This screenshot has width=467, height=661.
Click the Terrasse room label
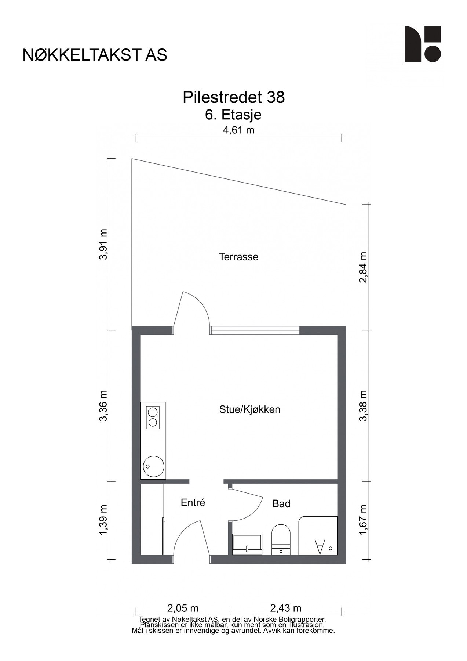point(238,257)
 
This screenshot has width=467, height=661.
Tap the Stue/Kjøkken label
point(249,409)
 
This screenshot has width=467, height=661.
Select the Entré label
point(193,502)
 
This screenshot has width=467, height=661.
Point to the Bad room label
point(281,503)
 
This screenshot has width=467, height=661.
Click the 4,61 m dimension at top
point(238,130)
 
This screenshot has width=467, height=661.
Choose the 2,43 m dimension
point(285,608)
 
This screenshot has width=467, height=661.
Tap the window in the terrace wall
point(255,330)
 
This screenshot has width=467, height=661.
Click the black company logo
point(422,44)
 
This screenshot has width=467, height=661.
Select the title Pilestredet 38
point(233,97)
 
